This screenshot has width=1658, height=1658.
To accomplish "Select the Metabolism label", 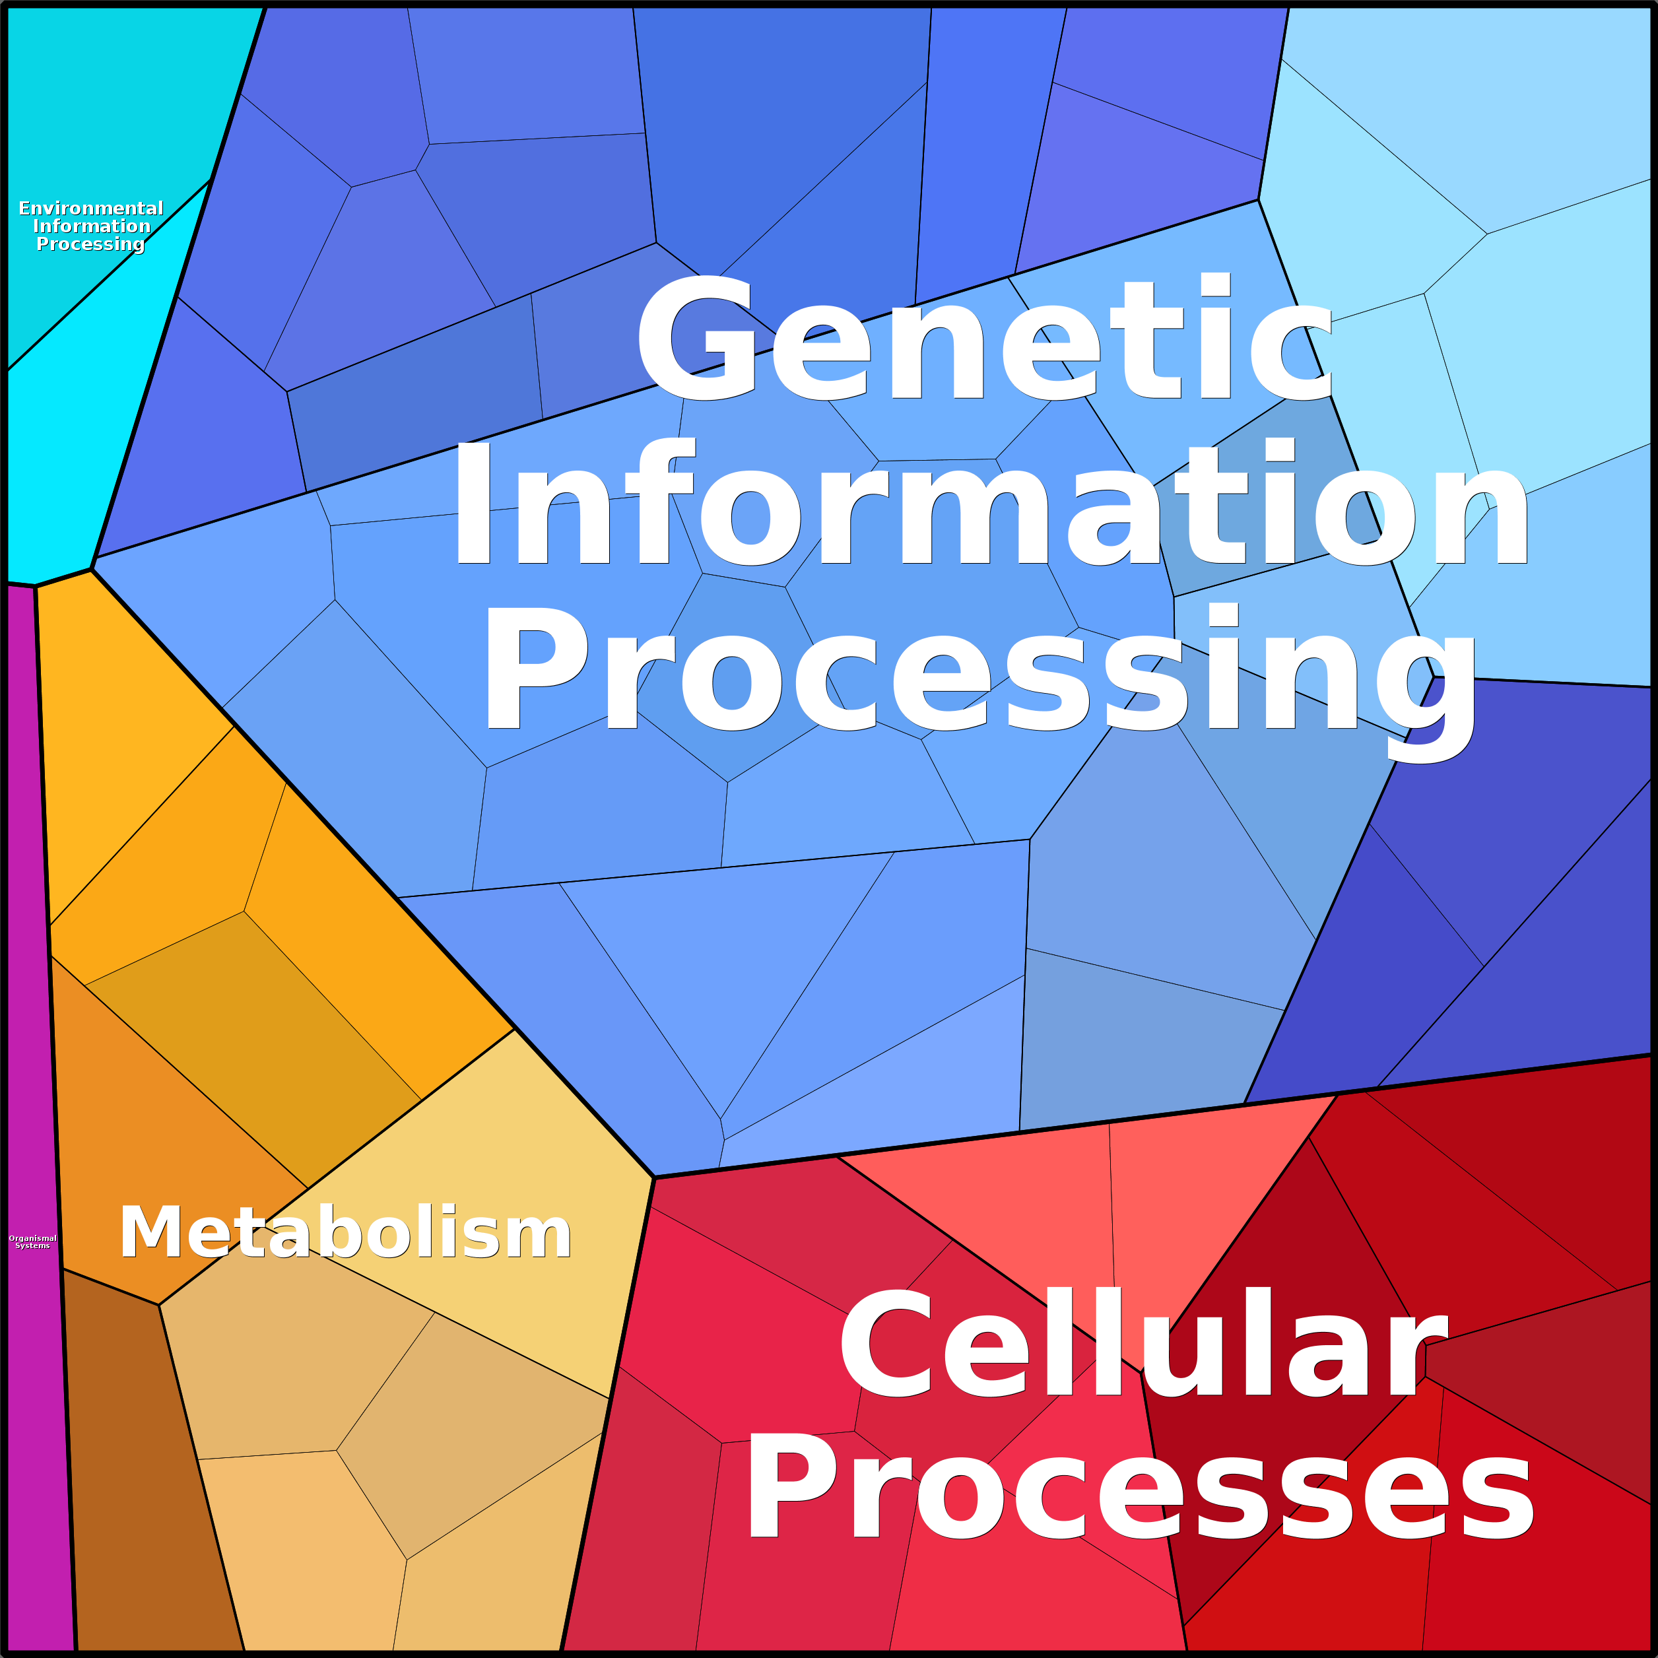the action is [x=345, y=1232].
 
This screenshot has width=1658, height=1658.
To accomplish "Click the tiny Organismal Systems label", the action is [x=32, y=1242].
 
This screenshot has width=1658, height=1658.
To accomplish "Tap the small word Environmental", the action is [x=91, y=209].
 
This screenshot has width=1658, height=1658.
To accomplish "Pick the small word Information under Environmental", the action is [x=92, y=226].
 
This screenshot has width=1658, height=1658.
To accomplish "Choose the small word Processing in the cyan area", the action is [x=90, y=245].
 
